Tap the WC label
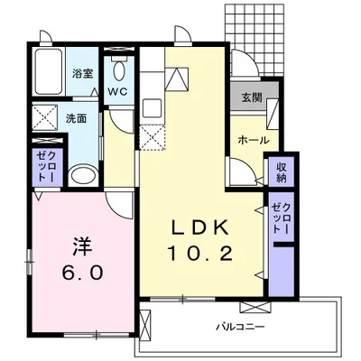[118, 91]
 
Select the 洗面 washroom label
[75, 117]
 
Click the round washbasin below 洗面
[80, 174]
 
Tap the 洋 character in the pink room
[82, 244]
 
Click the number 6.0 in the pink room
[82, 272]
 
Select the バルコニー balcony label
[239, 323]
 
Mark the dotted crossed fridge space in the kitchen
[153, 139]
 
